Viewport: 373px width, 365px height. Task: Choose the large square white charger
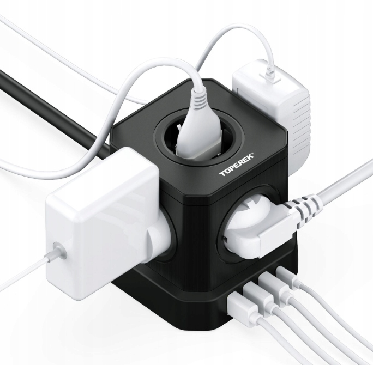pos(98,218)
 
